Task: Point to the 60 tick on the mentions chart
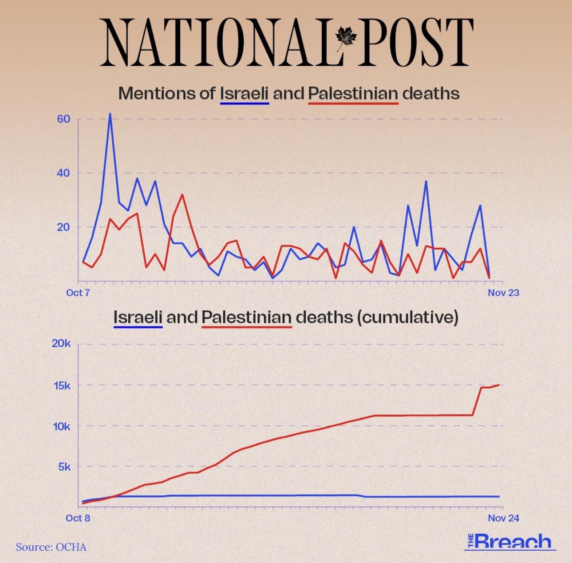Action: [x=63, y=119]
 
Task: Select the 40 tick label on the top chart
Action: [x=63, y=173]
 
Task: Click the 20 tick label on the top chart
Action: [x=63, y=227]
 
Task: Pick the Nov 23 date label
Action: [x=503, y=293]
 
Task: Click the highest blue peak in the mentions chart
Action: [x=110, y=114]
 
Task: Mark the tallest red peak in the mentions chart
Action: [x=182, y=195]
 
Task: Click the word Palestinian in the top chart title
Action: [x=353, y=94]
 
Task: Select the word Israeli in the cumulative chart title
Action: [x=138, y=317]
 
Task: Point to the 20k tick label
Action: [x=61, y=344]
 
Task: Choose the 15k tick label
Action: [x=61, y=385]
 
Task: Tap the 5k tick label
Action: [x=64, y=467]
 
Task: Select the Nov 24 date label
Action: [x=503, y=518]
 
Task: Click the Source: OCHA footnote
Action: [x=51, y=547]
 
